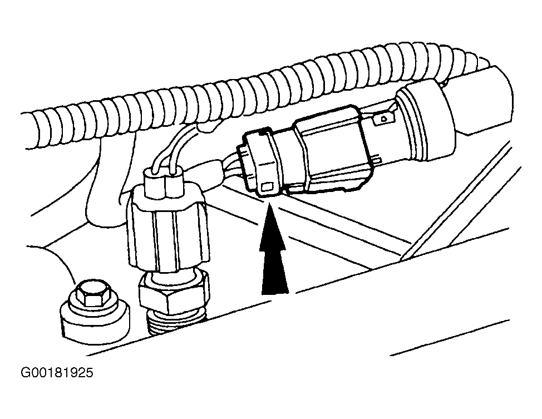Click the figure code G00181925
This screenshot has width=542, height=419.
(57, 373)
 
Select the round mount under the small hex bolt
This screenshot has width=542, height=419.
(95, 320)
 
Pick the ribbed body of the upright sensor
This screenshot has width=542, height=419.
(169, 235)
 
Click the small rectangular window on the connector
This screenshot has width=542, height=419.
(268, 188)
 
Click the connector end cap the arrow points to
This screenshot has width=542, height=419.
(261, 162)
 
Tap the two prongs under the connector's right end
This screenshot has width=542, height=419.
(376, 159)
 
